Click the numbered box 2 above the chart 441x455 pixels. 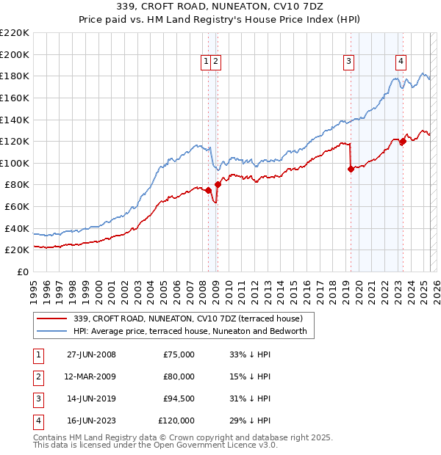215,62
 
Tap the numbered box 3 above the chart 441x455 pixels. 348,62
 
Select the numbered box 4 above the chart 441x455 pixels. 401,62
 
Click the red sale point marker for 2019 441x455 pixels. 351,170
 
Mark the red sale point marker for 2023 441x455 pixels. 403,142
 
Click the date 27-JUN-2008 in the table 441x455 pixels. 91,355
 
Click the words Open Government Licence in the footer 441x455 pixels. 212,445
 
